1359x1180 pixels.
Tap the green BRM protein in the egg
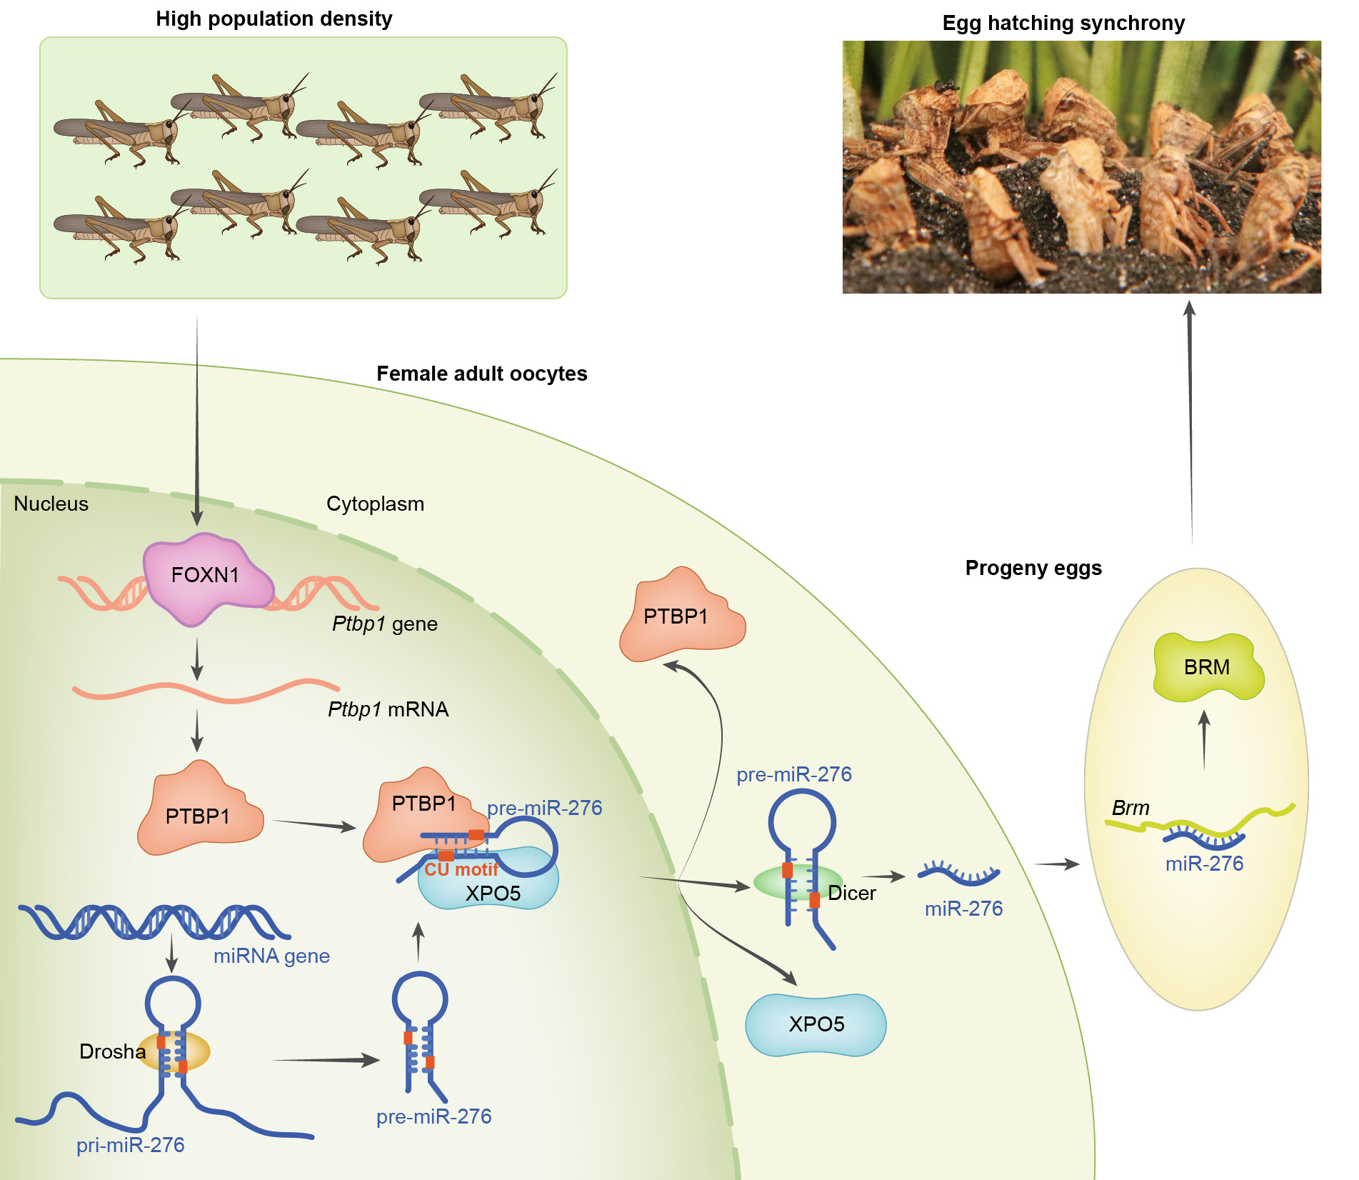point(1207,667)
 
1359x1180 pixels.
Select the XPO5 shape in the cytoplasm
point(816,1024)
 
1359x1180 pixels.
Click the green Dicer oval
point(797,883)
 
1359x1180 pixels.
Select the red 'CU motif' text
point(461,869)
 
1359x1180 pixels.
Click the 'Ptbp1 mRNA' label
point(388,709)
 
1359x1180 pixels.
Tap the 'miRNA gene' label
point(271,956)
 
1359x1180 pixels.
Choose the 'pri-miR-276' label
point(130,1145)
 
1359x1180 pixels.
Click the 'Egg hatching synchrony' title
point(1063,23)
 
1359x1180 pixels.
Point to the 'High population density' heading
point(274,19)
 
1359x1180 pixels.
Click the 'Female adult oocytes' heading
point(481,374)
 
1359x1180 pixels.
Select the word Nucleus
point(51,504)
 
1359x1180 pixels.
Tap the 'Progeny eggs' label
point(1033,568)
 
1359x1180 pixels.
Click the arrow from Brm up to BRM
point(1204,739)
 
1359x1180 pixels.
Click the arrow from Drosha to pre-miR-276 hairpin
point(326,1060)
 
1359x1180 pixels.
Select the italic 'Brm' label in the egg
point(1130,808)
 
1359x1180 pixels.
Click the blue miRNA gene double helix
point(154,921)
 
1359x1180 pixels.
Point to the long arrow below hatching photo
point(1190,421)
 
